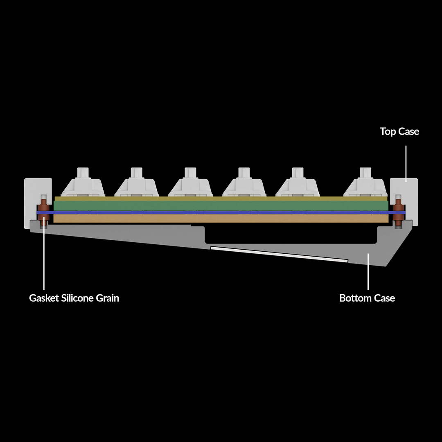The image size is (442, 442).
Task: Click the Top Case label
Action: [399, 131]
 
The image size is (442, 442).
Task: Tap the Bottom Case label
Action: [367, 298]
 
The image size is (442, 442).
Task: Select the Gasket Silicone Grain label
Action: [74, 298]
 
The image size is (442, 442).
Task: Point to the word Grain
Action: [108, 298]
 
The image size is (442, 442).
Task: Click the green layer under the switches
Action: [221, 205]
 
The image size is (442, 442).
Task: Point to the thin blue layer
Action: [221, 212]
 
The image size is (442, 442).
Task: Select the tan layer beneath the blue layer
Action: [221, 219]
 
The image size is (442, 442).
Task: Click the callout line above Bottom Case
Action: [368, 272]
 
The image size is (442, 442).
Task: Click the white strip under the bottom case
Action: [279, 254]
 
